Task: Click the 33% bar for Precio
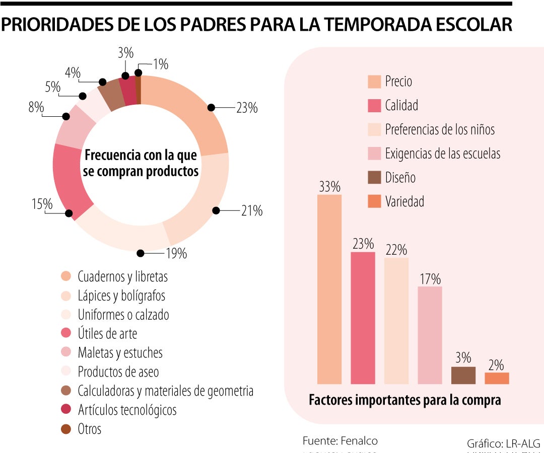pos(329,289)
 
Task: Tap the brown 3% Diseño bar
pos(463,375)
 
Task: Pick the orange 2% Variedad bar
pos(497,379)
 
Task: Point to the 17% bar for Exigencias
pos(430,335)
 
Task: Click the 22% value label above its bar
pos(396,250)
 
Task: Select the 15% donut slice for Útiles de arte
pos(71,181)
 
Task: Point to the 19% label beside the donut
pos(176,254)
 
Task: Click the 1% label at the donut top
pos(160,64)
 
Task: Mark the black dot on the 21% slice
pos(216,211)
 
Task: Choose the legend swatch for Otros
pos(66,429)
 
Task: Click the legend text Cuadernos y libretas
pos(122,276)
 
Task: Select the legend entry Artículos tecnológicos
pos(127,410)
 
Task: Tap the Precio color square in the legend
pos(374,82)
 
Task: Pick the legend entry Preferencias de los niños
pos(440,129)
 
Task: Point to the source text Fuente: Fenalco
pos(340,441)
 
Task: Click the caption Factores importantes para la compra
pos(404,400)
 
